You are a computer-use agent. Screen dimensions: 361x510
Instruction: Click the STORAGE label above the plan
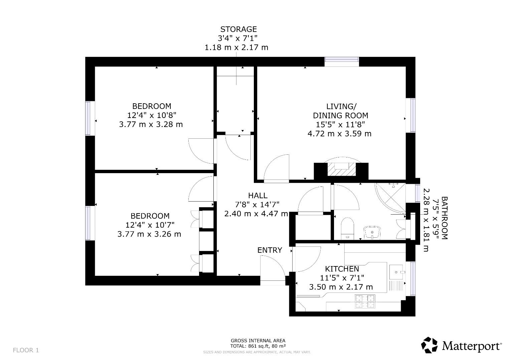click(238, 29)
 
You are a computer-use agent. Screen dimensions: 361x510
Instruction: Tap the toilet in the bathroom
click(347, 228)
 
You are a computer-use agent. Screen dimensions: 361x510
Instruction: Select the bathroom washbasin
click(372, 232)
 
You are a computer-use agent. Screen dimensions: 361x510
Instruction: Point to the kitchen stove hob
click(365, 301)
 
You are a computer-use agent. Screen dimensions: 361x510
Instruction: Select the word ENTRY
click(270, 250)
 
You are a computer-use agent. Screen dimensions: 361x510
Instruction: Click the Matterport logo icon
click(429, 345)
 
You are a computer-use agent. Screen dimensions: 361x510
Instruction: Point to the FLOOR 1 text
click(26, 350)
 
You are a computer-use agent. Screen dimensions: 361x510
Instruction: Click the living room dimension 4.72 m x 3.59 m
click(339, 134)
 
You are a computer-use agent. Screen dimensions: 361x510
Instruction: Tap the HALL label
click(258, 196)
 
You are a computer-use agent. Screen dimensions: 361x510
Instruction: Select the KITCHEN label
click(342, 269)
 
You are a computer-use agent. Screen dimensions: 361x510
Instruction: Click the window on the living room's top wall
click(342, 60)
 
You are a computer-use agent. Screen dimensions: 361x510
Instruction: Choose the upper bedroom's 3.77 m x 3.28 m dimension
click(151, 124)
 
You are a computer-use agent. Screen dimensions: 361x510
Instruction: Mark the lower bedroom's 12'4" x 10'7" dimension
click(150, 225)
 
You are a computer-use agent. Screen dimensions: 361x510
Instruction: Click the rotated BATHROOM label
click(445, 218)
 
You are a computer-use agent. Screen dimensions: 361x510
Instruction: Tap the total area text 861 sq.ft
click(258, 346)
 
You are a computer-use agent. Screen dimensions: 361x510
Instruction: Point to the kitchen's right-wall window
click(413, 279)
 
